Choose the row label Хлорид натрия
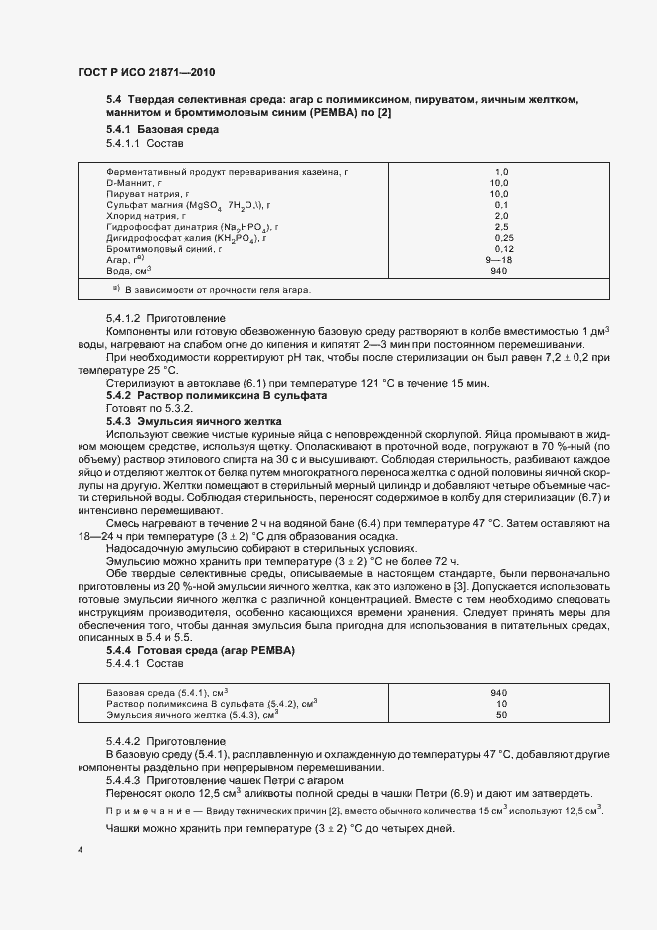click(x=145, y=216)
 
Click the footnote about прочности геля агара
click(x=212, y=290)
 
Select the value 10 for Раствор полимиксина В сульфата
click(x=501, y=703)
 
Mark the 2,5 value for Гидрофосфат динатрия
click(x=502, y=227)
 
